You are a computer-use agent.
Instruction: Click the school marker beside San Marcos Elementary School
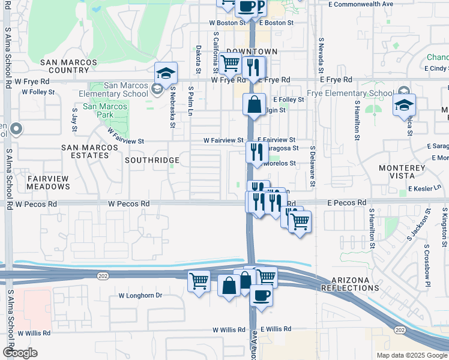pos(166,74)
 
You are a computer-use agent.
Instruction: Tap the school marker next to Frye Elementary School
pos(405,105)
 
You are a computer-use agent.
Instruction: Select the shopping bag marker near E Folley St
pos(255,104)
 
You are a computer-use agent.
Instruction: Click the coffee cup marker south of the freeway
pos(261,296)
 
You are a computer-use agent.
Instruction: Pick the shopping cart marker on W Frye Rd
pos(231,63)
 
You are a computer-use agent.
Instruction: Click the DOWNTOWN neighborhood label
pos(252,52)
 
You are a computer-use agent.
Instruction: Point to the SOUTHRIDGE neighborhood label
pos(152,161)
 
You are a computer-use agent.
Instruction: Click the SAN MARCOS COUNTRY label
pos(68,66)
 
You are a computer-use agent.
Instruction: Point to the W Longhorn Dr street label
pos(140,295)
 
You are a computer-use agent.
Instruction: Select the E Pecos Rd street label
pos(346,203)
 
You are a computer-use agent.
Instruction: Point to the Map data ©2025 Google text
pos(411,355)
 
